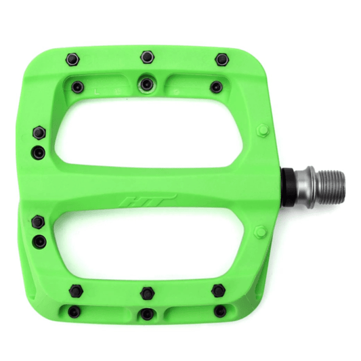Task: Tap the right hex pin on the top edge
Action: point(221,59)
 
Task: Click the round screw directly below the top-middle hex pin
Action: point(147,83)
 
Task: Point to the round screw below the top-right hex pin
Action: point(216,86)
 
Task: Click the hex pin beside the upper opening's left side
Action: point(38,131)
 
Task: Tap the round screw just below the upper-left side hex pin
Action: point(39,153)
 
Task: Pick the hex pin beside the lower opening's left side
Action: point(37,219)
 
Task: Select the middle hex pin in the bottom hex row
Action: point(147,293)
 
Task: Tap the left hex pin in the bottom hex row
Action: point(75,290)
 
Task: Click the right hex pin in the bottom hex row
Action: point(217,290)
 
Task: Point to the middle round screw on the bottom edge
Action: point(147,314)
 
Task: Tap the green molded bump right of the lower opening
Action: point(261,232)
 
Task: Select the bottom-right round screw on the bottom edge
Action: point(220,312)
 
